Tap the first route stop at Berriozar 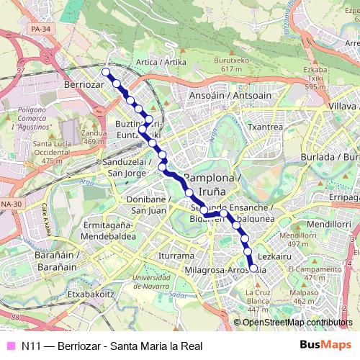point(106,72)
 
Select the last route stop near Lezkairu point(253,268)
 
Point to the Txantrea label point(264,126)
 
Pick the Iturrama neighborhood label point(176,256)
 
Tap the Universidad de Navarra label point(157,282)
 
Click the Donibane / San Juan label point(149,204)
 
